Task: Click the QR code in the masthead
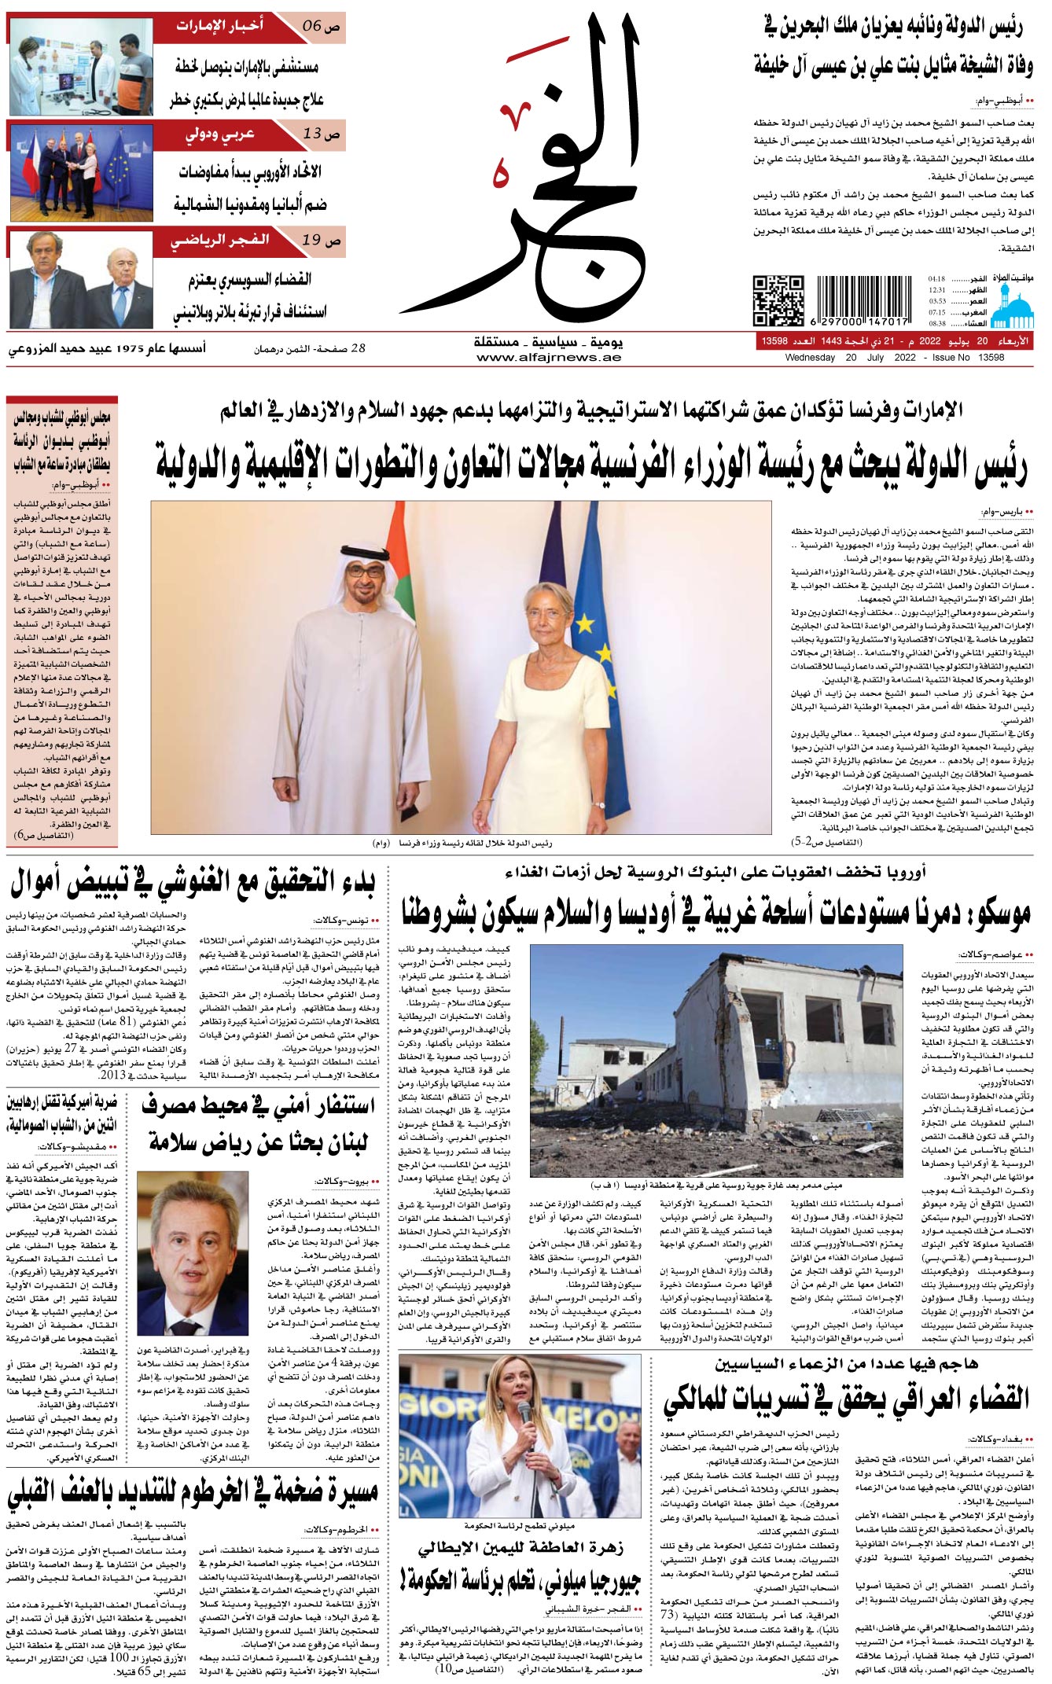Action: coord(778,300)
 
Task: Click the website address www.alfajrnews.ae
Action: coord(548,358)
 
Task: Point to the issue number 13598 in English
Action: coord(991,358)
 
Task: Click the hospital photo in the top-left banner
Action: coord(81,66)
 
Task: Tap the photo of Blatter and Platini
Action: coord(81,278)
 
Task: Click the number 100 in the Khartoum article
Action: coord(120,1656)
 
